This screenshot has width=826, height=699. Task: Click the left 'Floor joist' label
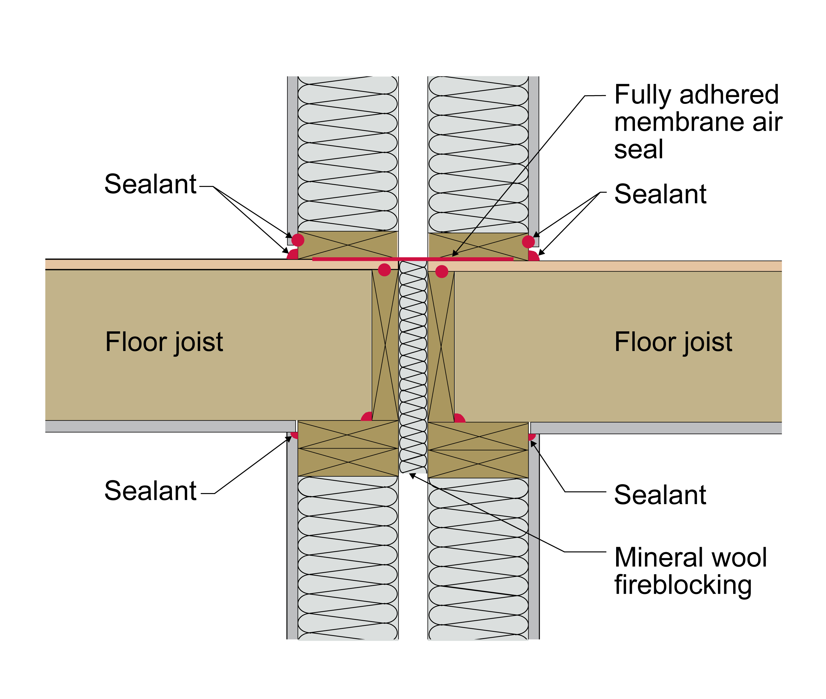(164, 342)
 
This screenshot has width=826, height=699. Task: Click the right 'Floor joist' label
(673, 342)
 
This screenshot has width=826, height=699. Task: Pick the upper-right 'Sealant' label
(660, 194)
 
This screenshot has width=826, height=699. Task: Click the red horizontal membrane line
(413, 259)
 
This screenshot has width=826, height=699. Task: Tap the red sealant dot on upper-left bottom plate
(298, 240)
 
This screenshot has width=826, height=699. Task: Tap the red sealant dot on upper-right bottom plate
(528, 241)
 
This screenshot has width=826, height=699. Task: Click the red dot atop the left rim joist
(384, 270)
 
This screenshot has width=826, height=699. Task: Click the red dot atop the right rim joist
(442, 271)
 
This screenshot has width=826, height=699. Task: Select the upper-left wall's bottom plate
(347, 245)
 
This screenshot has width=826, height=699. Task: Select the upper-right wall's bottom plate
(478, 247)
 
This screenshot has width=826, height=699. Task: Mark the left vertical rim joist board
(385, 345)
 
